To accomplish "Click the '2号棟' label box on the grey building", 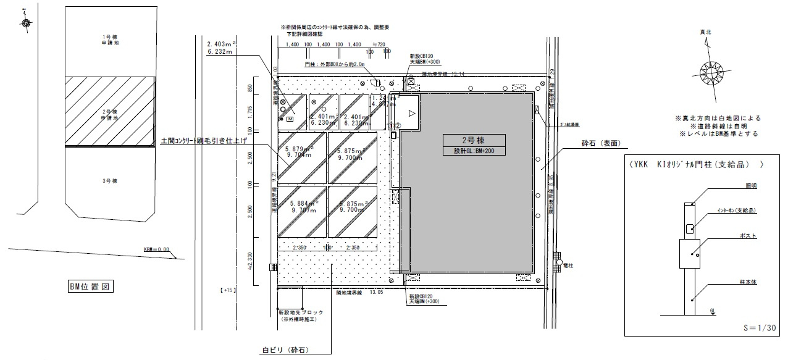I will tap(474, 140).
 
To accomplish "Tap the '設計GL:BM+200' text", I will tap(474, 150).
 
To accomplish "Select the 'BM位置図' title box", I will tap(91, 287).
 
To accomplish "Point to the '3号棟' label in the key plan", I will tap(110, 181).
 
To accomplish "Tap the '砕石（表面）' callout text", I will tap(600, 144).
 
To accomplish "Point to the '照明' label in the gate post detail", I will tap(750, 185).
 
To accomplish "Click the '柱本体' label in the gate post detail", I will tap(748, 282).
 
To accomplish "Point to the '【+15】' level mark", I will tap(228, 290).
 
